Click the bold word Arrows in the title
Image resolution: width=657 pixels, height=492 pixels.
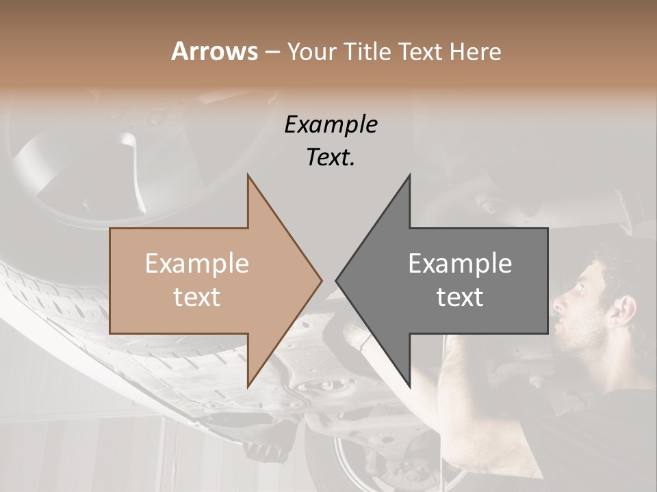[215, 51]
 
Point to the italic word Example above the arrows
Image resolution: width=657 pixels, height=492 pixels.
[331, 125]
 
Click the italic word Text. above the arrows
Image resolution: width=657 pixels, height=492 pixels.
[331, 157]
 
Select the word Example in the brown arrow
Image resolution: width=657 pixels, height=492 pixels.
[197, 264]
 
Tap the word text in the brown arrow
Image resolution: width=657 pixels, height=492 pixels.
[197, 297]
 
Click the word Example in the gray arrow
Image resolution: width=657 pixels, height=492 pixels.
[460, 264]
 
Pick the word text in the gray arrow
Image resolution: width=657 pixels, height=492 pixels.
[460, 297]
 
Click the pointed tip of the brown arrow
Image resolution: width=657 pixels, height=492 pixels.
[321, 280]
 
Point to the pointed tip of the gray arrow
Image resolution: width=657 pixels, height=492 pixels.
[336, 280]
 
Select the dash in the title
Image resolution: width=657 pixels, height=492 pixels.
[272, 53]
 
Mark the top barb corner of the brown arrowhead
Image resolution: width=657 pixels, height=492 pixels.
[248, 175]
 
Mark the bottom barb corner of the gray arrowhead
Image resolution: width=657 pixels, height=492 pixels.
[410, 387]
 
